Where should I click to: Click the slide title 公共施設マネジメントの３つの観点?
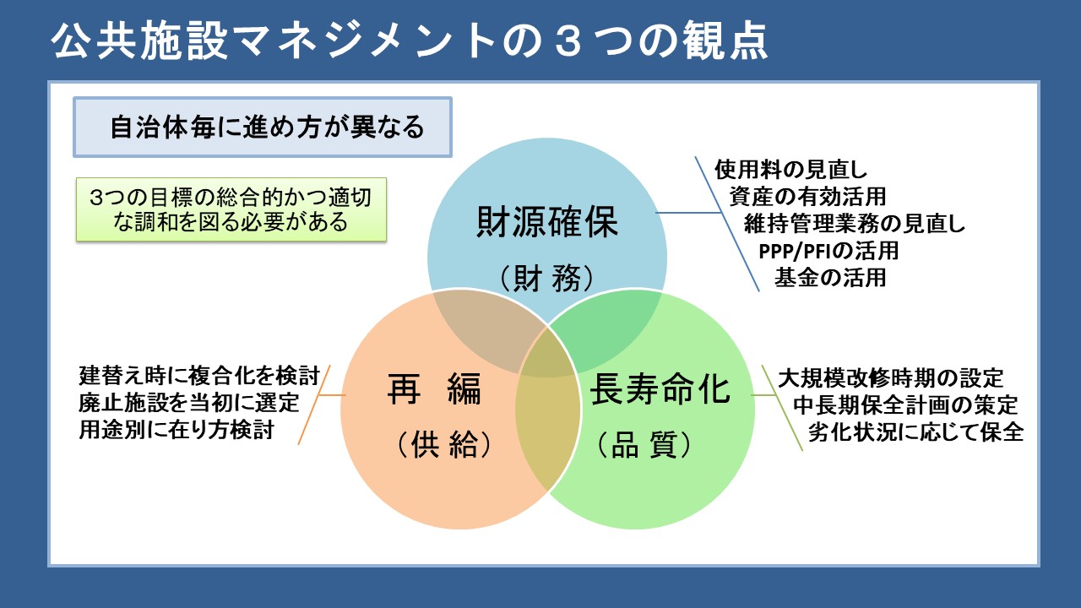[410, 41]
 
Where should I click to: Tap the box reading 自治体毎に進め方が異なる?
[263, 128]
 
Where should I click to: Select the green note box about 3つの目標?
[231, 209]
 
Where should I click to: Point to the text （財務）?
[547, 277]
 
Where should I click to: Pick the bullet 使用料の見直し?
[791, 169]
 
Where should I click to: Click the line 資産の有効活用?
[807, 196]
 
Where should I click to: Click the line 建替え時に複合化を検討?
[199, 375]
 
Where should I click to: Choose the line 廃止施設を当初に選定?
[188, 402]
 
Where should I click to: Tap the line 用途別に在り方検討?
[176, 429]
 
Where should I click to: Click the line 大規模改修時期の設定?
[890, 377]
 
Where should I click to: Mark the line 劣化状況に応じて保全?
[915, 432]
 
